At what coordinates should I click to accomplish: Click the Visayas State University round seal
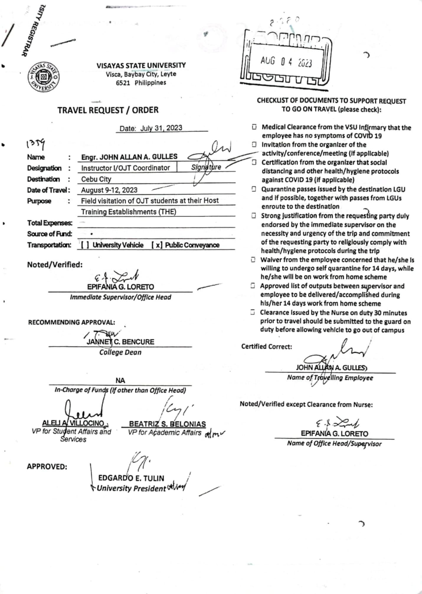44,77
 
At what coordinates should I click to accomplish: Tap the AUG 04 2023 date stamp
286,62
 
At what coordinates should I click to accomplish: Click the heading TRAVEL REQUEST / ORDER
108,110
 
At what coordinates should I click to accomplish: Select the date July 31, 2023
161,128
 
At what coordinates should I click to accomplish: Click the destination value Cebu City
96,179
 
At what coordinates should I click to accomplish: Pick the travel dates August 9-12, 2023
109,190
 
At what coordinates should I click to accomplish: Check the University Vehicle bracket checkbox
85,245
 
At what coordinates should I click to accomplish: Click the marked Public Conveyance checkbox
157,245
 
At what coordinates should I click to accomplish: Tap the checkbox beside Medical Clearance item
254,127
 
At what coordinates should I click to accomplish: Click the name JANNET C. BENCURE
120,342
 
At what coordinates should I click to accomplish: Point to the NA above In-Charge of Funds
120,381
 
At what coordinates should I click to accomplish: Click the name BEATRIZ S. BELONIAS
167,424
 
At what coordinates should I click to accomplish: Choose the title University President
131,488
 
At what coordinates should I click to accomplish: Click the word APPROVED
47,467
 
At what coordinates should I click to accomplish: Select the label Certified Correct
266,346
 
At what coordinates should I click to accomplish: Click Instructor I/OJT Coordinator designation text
125,168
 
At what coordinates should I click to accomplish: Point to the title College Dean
120,352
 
